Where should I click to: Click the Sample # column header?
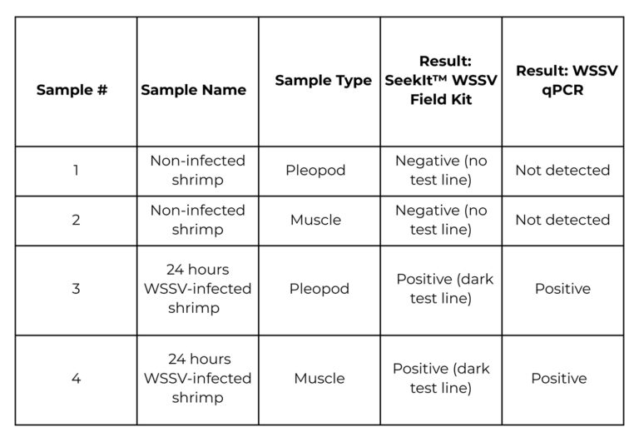point(72,90)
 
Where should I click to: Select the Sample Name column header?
point(194,90)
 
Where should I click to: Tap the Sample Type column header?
point(323,81)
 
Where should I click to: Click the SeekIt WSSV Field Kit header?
point(441,81)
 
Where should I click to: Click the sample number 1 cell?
point(76,171)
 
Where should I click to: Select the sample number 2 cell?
point(76,220)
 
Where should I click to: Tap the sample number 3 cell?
point(76,289)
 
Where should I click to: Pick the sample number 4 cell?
point(76,379)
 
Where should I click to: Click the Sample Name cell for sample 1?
point(197,171)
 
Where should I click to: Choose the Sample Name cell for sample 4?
point(197,379)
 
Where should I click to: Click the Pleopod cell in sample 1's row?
point(315,171)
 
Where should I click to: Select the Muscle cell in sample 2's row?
point(315,220)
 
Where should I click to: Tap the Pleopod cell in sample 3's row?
point(319,289)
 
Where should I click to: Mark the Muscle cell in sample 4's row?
point(319,379)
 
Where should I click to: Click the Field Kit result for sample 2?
point(441,220)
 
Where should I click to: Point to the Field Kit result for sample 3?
point(444,289)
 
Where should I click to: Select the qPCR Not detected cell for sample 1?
point(562,171)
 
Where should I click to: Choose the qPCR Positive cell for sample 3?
point(562,289)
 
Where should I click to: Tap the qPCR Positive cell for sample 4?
point(559,379)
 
